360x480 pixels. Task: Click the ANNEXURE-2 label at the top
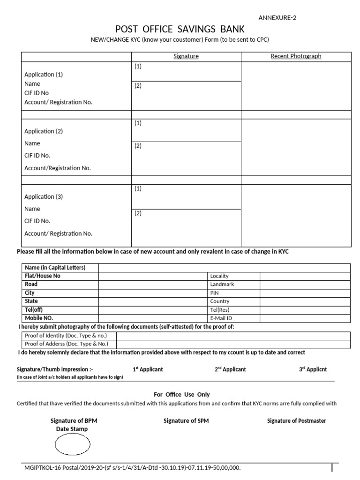(x=277, y=18)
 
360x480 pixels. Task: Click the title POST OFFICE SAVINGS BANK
(x=180, y=30)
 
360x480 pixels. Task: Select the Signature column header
(x=186, y=56)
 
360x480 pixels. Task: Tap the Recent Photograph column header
(x=296, y=56)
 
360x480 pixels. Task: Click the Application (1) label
(x=43, y=75)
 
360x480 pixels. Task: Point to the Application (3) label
(x=43, y=197)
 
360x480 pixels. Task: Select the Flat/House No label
(x=43, y=276)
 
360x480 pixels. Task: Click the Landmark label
(x=222, y=284)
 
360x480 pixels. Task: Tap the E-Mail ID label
(x=221, y=318)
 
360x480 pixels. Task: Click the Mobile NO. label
(x=39, y=318)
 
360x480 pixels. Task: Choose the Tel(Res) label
(x=220, y=310)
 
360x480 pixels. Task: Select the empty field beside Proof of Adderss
(x=233, y=344)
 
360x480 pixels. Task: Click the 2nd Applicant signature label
(x=230, y=369)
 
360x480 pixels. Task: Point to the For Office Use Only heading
(x=182, y=395)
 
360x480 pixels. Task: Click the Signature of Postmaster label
(x=296, y=421)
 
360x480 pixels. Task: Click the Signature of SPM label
(x=186, y=421)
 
